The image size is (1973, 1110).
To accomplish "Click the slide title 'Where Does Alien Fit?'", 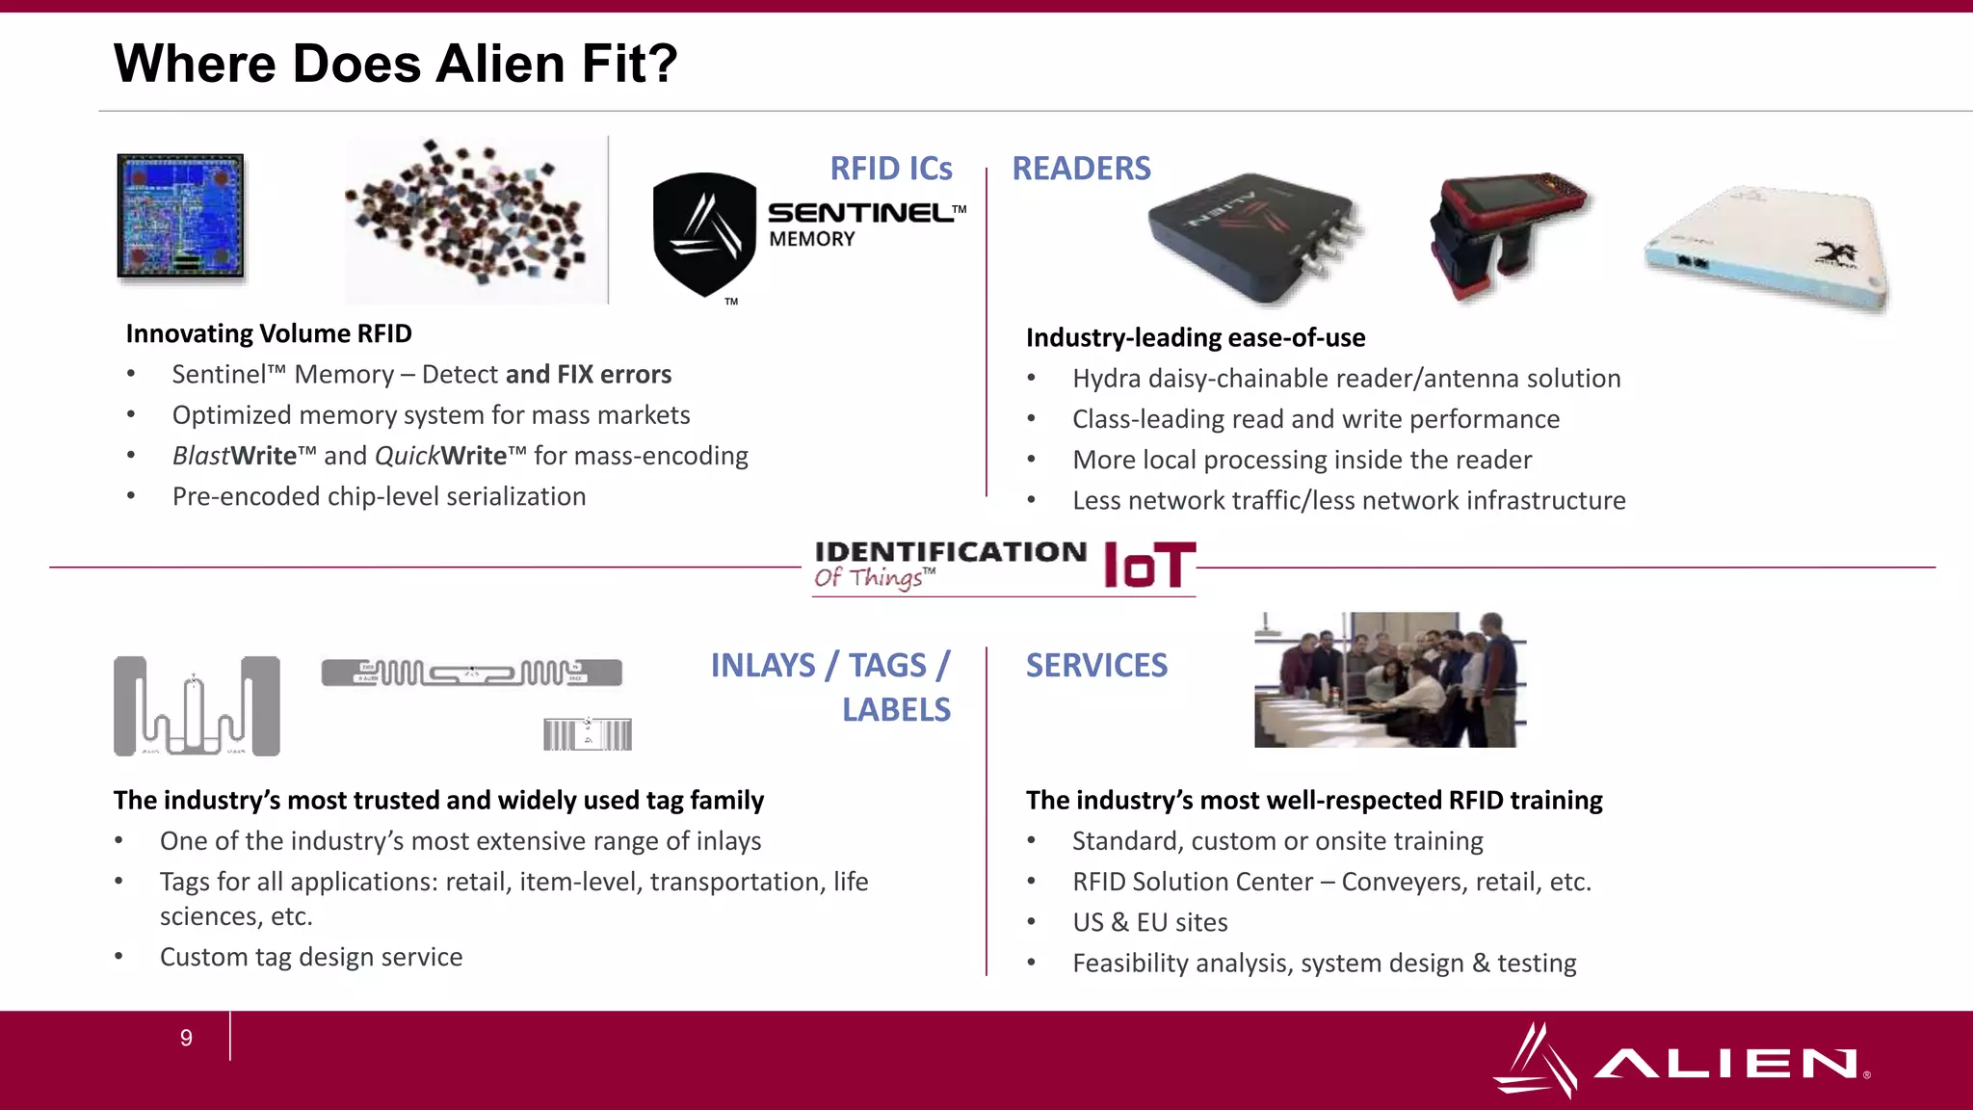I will click(395, 64).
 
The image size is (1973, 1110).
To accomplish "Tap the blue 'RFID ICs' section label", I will click(890, 169).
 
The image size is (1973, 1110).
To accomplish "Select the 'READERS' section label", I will click(1081, 169).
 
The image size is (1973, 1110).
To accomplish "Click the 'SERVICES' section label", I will click(1096, 666).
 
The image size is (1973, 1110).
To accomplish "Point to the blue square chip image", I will click(180, 216).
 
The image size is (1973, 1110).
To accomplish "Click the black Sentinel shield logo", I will click(704, 234).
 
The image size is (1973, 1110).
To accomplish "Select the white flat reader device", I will click(1768, 248).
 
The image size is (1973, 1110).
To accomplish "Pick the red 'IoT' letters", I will click(1148, 566).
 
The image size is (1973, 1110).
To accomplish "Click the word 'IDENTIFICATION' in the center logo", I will click(950, 552).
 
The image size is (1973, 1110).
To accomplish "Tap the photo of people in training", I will click(1389, 679).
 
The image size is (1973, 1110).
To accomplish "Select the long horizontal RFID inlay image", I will click(471, 673).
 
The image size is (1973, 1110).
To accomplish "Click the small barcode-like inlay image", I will click(588, 734).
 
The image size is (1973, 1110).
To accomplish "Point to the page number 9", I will click(186, 1038).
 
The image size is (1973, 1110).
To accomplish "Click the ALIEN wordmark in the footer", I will click(1724, 1064).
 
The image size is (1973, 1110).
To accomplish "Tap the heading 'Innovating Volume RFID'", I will click(269, 333).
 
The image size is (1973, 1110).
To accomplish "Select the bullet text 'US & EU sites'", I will click(1150, 922).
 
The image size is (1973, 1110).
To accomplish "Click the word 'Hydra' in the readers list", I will click(1106, 379).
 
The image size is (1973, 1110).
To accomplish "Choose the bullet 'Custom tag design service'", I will click(311, 957).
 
